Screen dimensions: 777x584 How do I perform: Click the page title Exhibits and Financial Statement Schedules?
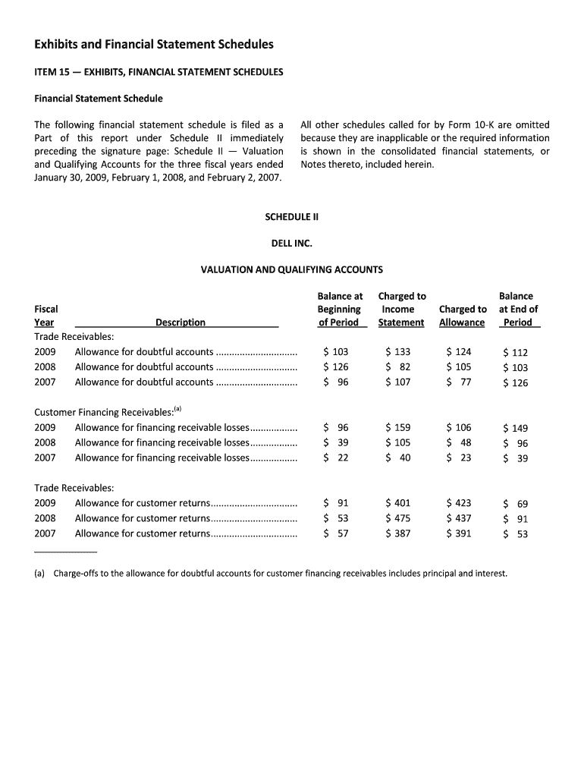tap(154, 45)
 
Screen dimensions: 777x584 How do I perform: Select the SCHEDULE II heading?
tap(292, 217)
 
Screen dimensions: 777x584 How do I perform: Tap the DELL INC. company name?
tap(292, 244)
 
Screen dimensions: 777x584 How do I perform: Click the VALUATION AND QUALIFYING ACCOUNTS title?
tap(291, 269)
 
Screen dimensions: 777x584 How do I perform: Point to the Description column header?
tap(180, 322)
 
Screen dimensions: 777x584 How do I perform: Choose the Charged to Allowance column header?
tap(462, 316)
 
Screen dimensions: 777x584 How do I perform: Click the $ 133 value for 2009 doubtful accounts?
tap(398, 352)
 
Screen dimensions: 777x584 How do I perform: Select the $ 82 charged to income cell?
tap(398, 367)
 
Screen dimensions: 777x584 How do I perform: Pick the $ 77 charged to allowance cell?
tap(459, 382)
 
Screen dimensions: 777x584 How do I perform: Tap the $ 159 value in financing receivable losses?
tap(398, 427)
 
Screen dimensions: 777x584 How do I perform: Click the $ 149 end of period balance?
tap(516, 428)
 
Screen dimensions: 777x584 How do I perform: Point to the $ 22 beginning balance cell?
tap(335, 458)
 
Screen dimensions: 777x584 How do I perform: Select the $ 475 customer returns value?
tap(398, 518)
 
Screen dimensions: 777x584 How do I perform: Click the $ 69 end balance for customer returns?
tap(516, 504)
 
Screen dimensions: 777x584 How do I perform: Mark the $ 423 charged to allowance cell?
tap(459, 503)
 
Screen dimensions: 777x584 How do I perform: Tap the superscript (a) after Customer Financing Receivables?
tap(178, 409)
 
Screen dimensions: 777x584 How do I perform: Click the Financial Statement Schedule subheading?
tap(99, 99)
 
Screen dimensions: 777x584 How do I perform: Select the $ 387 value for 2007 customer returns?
tap(398, 533)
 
